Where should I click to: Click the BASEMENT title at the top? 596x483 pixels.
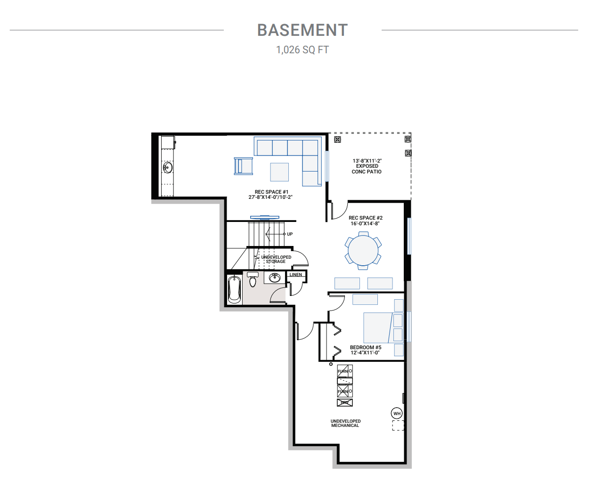click(302, 30)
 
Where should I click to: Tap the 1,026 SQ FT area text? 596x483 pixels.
click(302, 50)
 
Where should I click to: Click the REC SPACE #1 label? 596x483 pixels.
click(271, 192)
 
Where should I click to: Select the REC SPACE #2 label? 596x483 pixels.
click(365, 218)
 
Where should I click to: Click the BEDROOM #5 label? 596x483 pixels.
click(365, 347)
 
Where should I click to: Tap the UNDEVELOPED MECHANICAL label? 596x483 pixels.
click(345, 423)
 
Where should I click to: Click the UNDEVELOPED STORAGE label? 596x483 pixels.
click(276, 259)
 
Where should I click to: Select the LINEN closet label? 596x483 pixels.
click(296, 275)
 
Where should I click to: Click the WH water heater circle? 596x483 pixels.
click(397, 413)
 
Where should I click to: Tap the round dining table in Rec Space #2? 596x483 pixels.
click(363, 251)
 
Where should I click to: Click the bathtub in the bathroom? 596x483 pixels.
click(234, 289)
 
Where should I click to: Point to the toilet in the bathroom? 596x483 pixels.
click(253, 280)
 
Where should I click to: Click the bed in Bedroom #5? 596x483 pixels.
click(378, 327)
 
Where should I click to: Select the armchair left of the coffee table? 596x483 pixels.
click(244, 166)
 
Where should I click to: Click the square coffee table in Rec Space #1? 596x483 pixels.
click(279, 172)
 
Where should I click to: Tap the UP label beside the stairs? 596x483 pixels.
click(290, 234)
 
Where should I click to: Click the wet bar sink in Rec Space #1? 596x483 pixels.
click(168, 167)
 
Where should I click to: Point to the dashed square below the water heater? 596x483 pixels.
click(398, 426)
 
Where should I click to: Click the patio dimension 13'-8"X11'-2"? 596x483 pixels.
click(367, 161)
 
